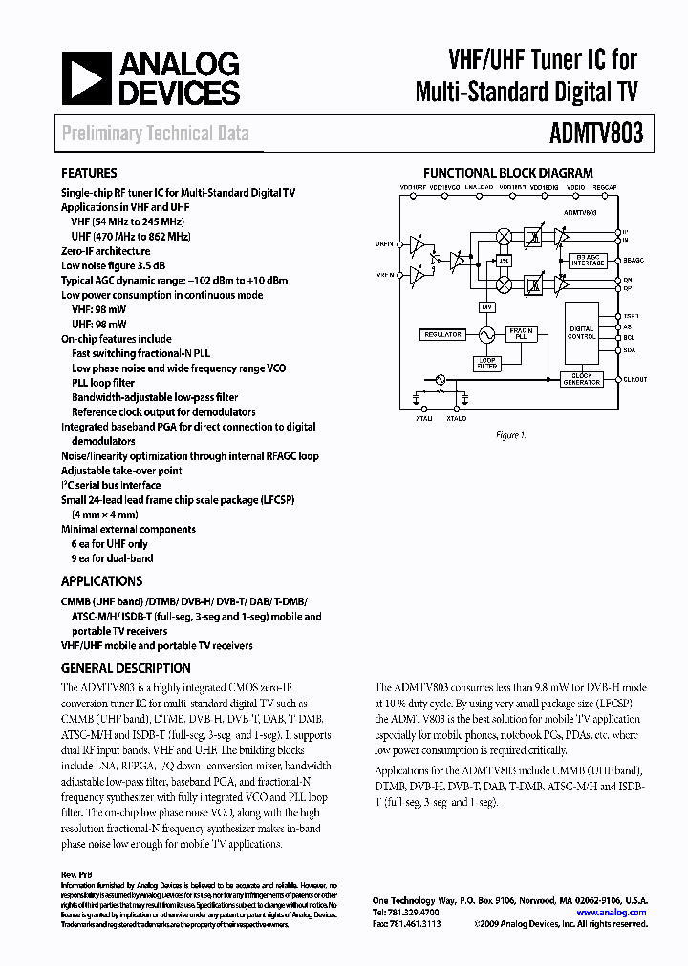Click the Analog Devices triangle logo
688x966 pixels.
point(88,78)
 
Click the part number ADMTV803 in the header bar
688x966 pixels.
point(598,134)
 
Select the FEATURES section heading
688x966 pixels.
point(90,174)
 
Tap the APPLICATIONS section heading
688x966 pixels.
point(101,580)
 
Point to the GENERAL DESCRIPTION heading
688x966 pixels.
point(126,668)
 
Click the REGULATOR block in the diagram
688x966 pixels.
point(441,335)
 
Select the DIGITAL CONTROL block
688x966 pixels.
point(582,333)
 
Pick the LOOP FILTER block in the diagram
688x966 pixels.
point(487,363)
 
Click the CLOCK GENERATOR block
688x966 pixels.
point(582,379)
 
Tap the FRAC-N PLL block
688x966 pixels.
point(521,334)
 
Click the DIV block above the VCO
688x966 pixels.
point(486,305)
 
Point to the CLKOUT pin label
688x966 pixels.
point(634,379)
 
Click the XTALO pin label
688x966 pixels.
point(456,419)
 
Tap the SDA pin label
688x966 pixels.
point(629,349)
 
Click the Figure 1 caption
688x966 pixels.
point(510,435)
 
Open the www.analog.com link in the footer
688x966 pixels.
point(612,913)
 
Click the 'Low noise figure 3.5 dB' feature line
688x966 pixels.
point(114,265)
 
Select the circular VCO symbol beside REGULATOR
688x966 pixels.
point(485,335)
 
